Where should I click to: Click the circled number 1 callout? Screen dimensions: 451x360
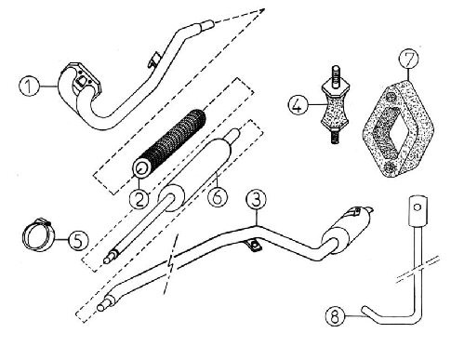(x=29, y=87)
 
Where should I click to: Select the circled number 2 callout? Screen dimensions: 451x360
(x=139, y=199)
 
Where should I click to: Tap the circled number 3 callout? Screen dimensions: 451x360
(x=256, y=200)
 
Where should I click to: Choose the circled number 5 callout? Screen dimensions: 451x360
(x=78, y=240)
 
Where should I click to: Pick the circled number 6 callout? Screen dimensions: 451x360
(x=218, y=196)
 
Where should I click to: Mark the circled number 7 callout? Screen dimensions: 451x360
(x=408, y=58)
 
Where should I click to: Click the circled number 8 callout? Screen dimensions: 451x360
(x=336, y=316)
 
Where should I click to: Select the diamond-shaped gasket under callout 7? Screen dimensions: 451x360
(x=398, y=128)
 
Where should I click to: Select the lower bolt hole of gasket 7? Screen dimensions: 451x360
(x=390, y=167)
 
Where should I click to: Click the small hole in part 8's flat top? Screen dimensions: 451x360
(x=418, y=207)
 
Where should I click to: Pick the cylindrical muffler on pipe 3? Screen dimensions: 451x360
(x=347, y=229)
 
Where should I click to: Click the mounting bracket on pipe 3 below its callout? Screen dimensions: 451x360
(x=253, y=246)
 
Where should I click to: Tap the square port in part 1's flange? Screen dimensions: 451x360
(x=83, y=82)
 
